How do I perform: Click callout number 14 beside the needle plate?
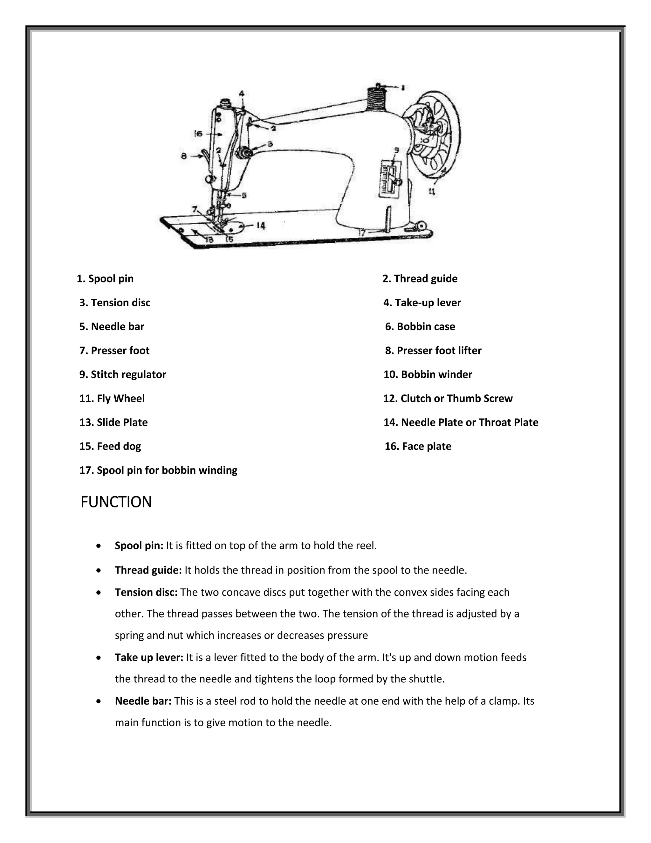[x=261, y=226]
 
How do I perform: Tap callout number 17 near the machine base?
[x=362, y=233]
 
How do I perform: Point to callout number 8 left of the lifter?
[x=184, y=156]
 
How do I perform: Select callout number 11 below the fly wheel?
[x=432, y=191]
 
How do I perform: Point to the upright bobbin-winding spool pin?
[x=389, y=219]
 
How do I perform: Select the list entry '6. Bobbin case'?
[x=420, y=327]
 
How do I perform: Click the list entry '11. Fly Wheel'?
[x=112, y=398]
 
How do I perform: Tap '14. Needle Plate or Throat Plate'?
[x=461, y=422]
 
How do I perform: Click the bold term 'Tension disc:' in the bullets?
[x=146, y=592]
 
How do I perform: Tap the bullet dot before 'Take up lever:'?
[x=99, y=657]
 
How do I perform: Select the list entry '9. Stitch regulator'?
[x=123, y=374]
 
